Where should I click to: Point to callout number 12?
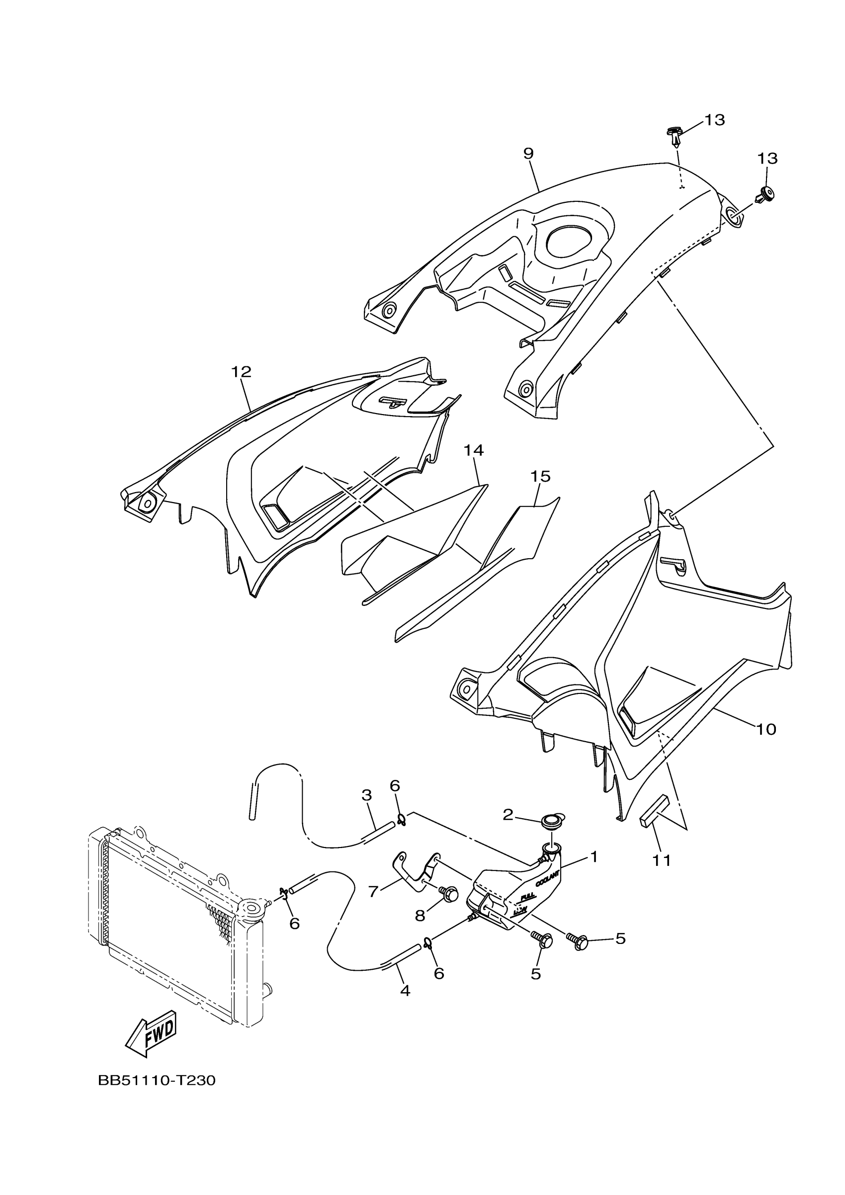coord(241,372)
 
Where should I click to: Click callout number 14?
coord(474,450)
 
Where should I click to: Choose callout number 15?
coord(540,476)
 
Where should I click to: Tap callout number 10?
coord(765,729)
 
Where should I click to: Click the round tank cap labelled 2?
coord(552,822)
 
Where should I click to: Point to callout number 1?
coord(593,856)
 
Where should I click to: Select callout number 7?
coord(373,892)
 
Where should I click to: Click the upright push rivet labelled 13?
coord(675,136)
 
